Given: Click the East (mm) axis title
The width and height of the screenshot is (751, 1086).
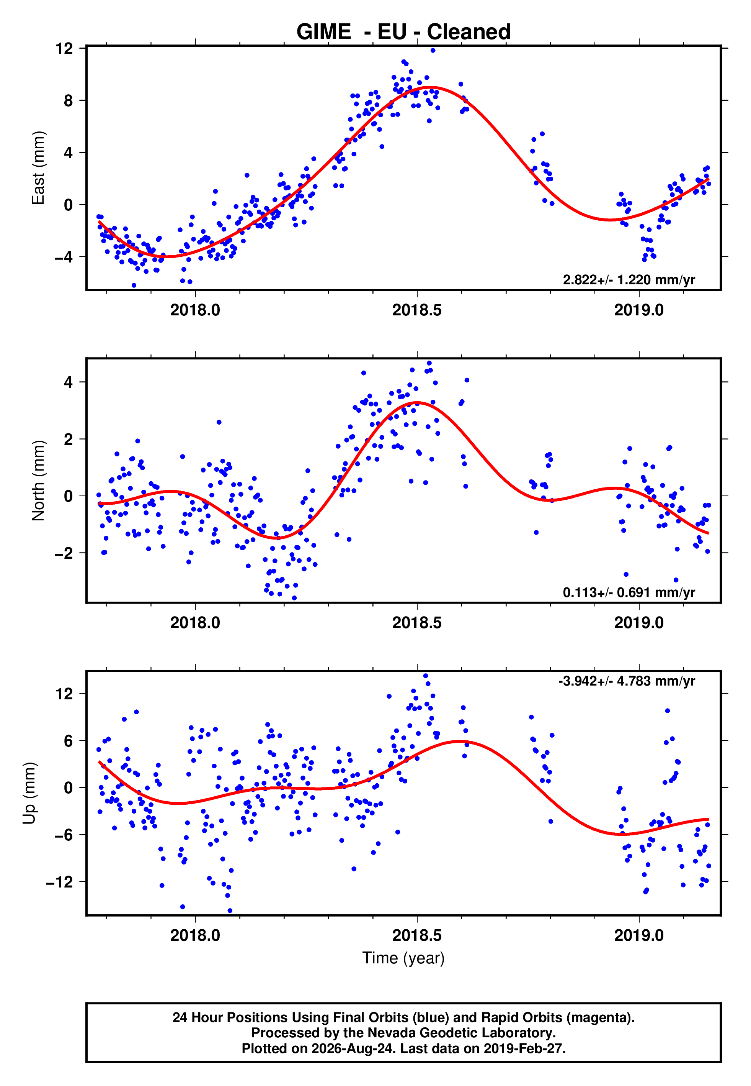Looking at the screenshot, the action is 38,168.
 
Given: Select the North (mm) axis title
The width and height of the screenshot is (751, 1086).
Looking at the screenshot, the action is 38,481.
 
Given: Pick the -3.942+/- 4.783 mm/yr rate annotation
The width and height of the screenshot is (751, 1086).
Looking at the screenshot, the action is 626,681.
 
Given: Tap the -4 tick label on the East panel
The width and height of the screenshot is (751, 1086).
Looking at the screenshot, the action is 64,257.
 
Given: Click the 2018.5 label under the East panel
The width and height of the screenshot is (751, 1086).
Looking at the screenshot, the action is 417,310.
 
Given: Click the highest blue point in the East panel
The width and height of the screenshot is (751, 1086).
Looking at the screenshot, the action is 433,50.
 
